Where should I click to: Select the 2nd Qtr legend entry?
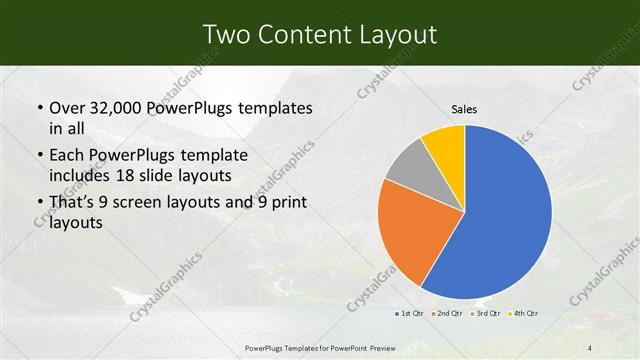point(446,315)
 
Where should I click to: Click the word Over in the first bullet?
point(65,106)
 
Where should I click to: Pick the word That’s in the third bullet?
point(73,203)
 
